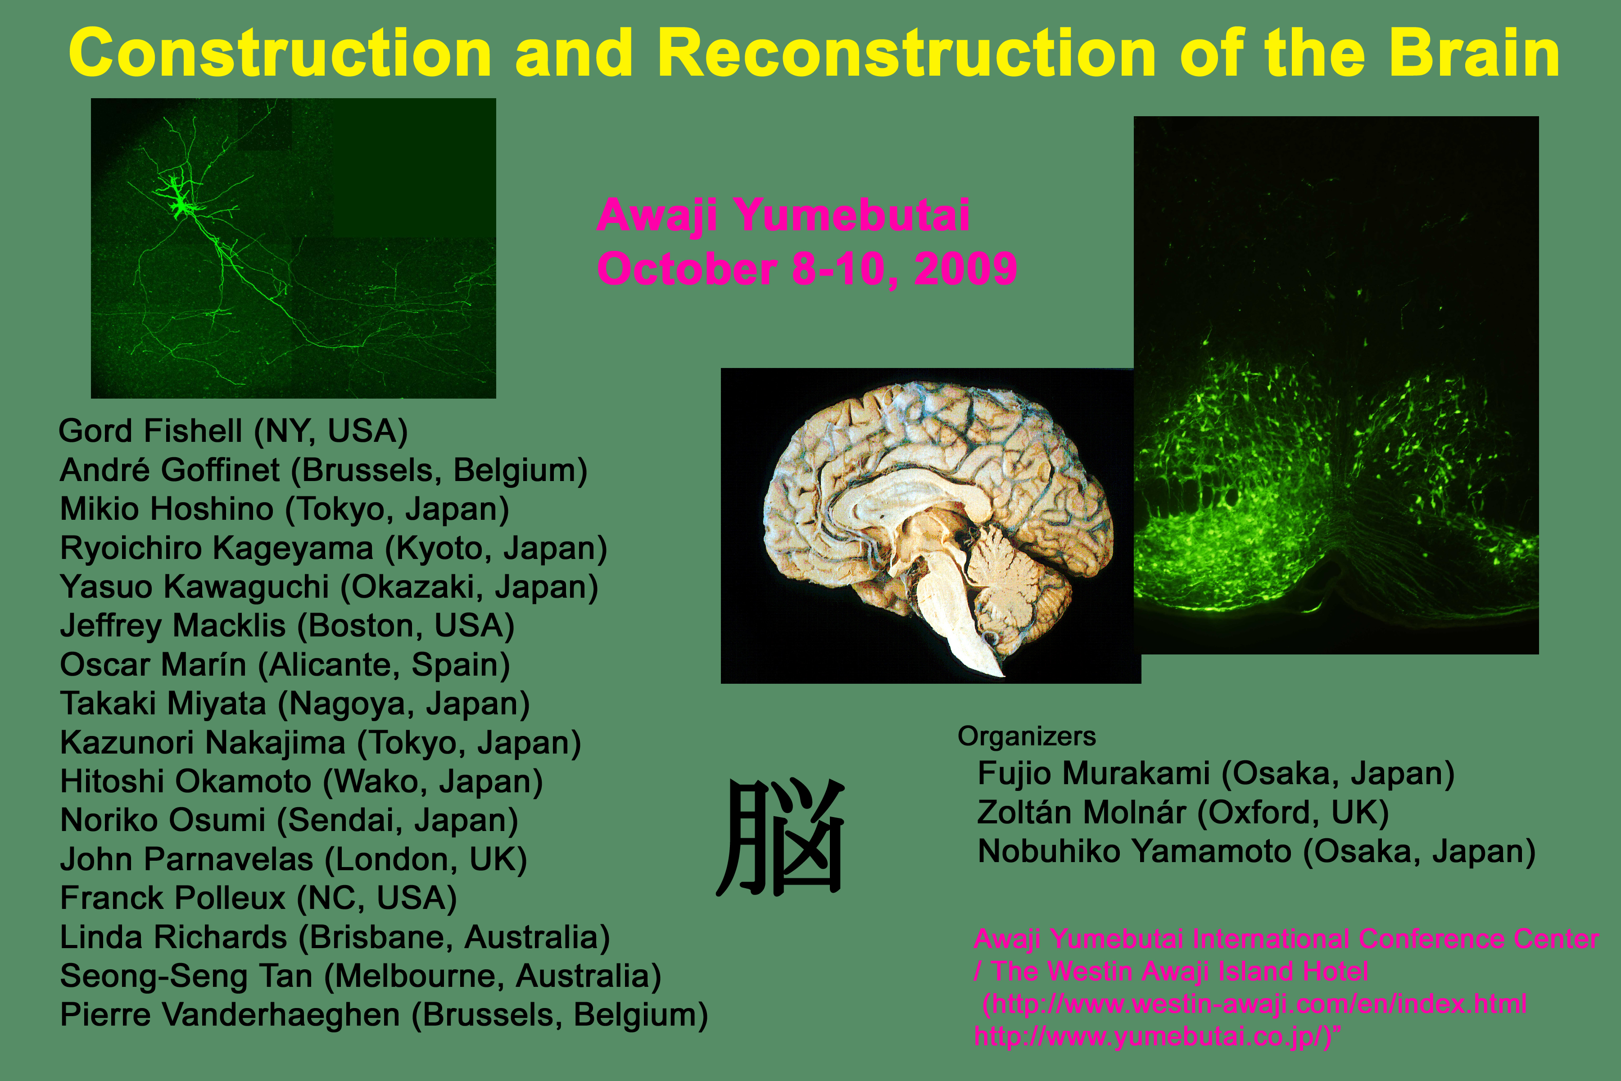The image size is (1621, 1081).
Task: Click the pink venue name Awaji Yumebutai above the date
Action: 783,215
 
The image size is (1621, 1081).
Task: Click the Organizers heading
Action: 1026,737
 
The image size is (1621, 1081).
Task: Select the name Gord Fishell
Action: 150,431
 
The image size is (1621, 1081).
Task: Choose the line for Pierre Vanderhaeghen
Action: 384,1015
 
